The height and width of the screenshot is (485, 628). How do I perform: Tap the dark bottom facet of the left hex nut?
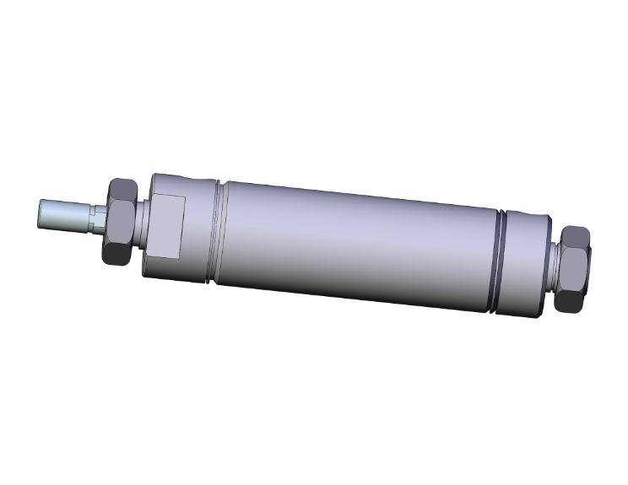(116, 252)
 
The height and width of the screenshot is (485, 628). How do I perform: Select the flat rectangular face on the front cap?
(166, 226)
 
